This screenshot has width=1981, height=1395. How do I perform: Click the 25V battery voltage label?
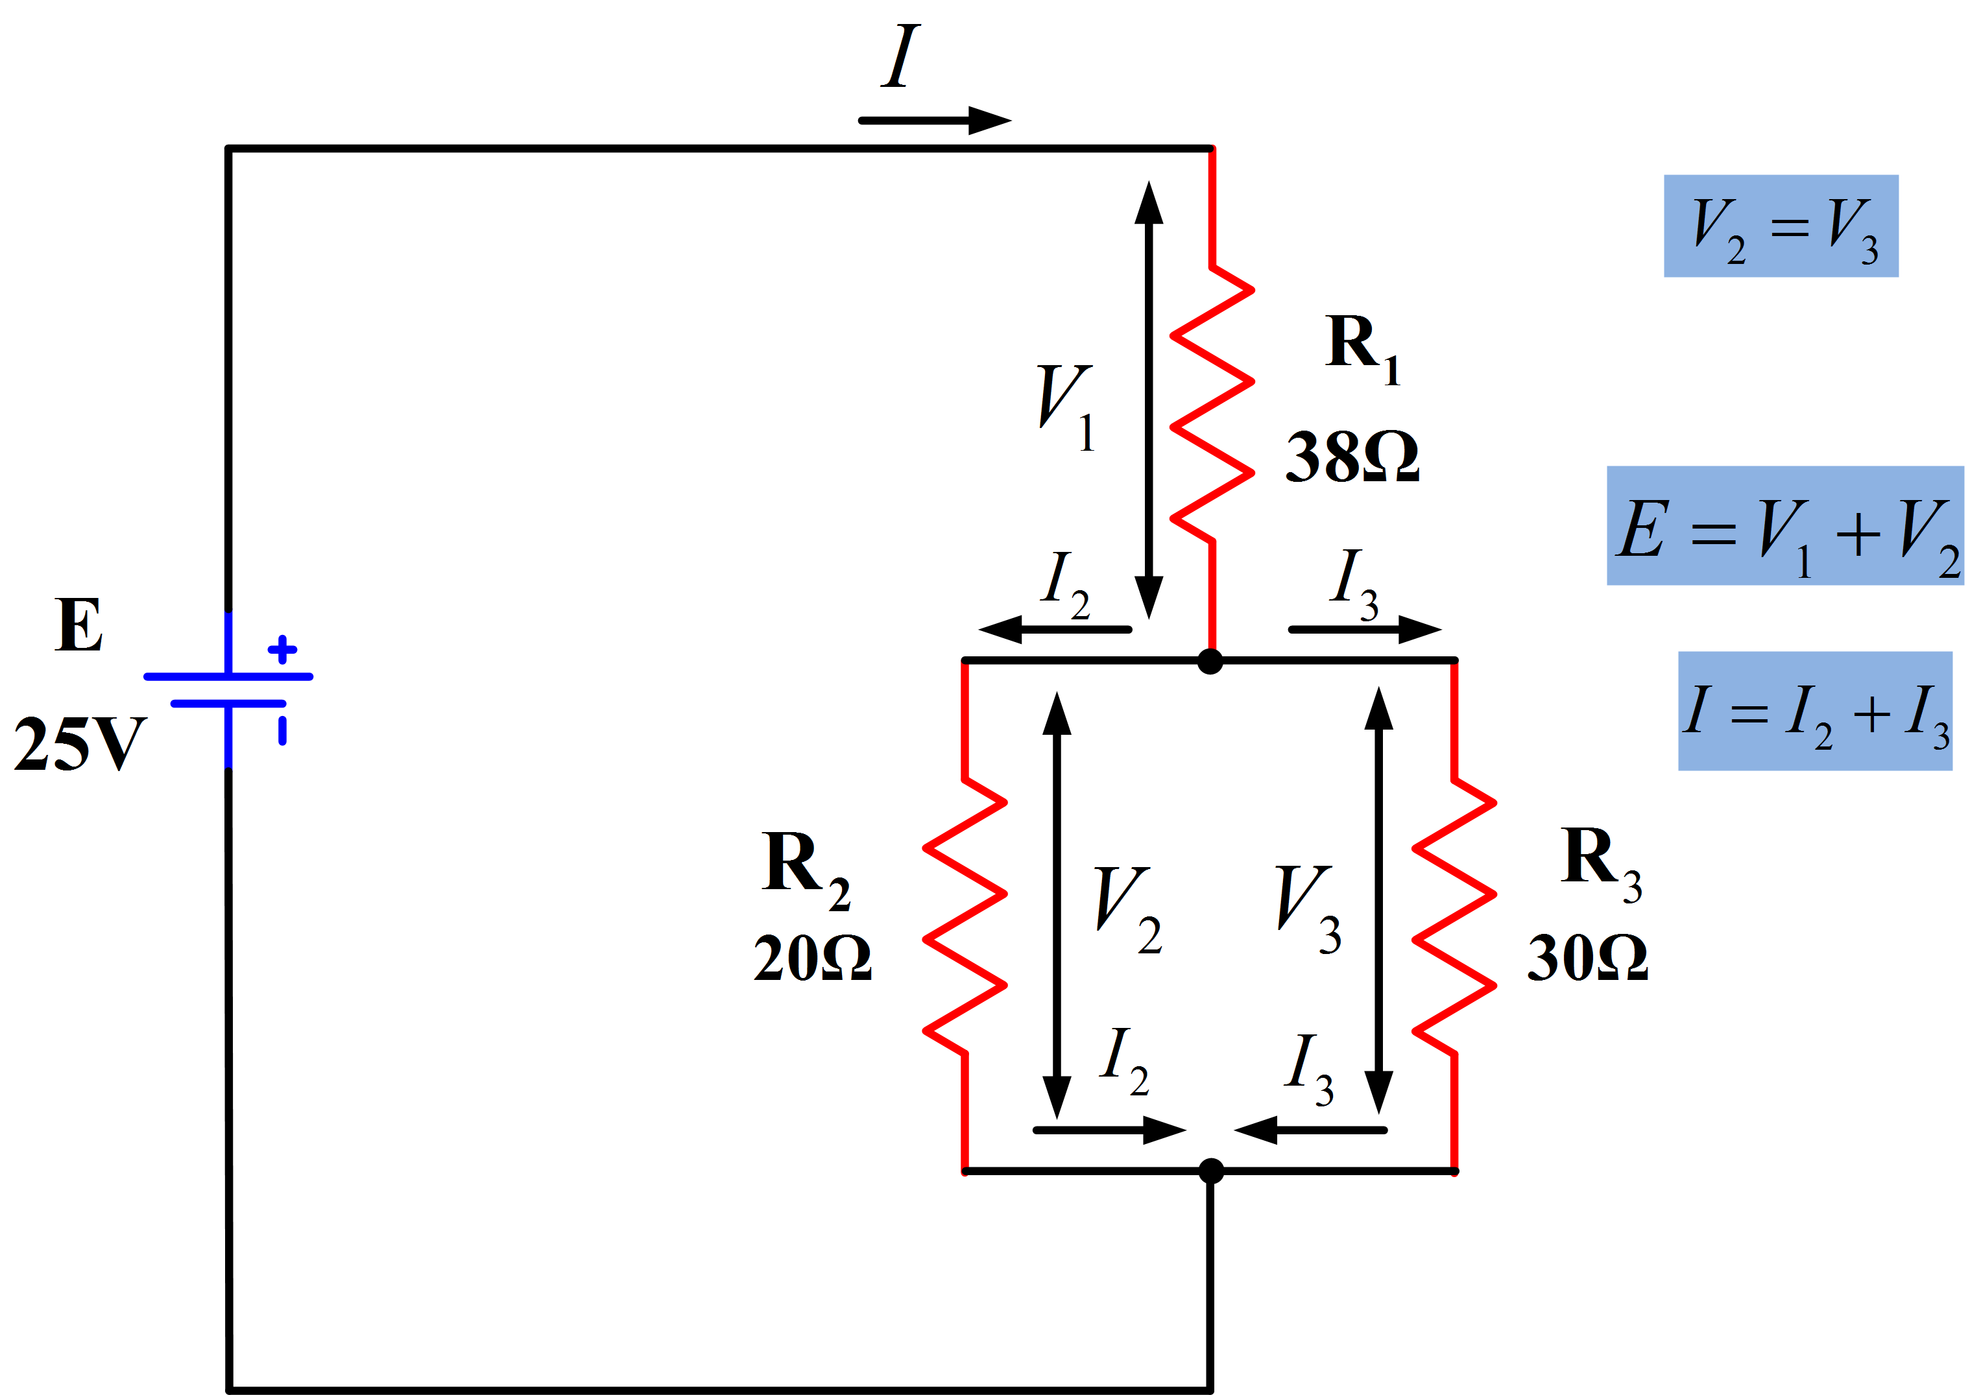(79, 744)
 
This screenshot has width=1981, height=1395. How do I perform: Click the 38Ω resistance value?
(1352, 457)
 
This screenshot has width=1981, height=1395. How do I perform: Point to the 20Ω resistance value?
(812, 958)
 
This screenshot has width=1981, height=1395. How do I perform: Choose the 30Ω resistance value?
(1587, 958)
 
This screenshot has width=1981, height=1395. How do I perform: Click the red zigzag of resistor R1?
(1212, 405)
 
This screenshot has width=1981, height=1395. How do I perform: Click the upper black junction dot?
(1210, 662)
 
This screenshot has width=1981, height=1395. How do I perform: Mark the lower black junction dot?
(1212, 1171)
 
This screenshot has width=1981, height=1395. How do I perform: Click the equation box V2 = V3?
(1781, 226)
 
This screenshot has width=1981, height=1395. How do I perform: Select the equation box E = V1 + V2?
(1784, 525)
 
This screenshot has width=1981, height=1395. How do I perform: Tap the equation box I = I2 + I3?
(1814, 711)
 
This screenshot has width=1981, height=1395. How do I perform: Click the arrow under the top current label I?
(935, 121)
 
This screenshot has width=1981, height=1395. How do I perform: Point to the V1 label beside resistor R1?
(1066, 405)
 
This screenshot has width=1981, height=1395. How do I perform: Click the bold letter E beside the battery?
(78, 625)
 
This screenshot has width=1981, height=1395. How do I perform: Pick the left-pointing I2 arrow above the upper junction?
(1054, 629)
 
